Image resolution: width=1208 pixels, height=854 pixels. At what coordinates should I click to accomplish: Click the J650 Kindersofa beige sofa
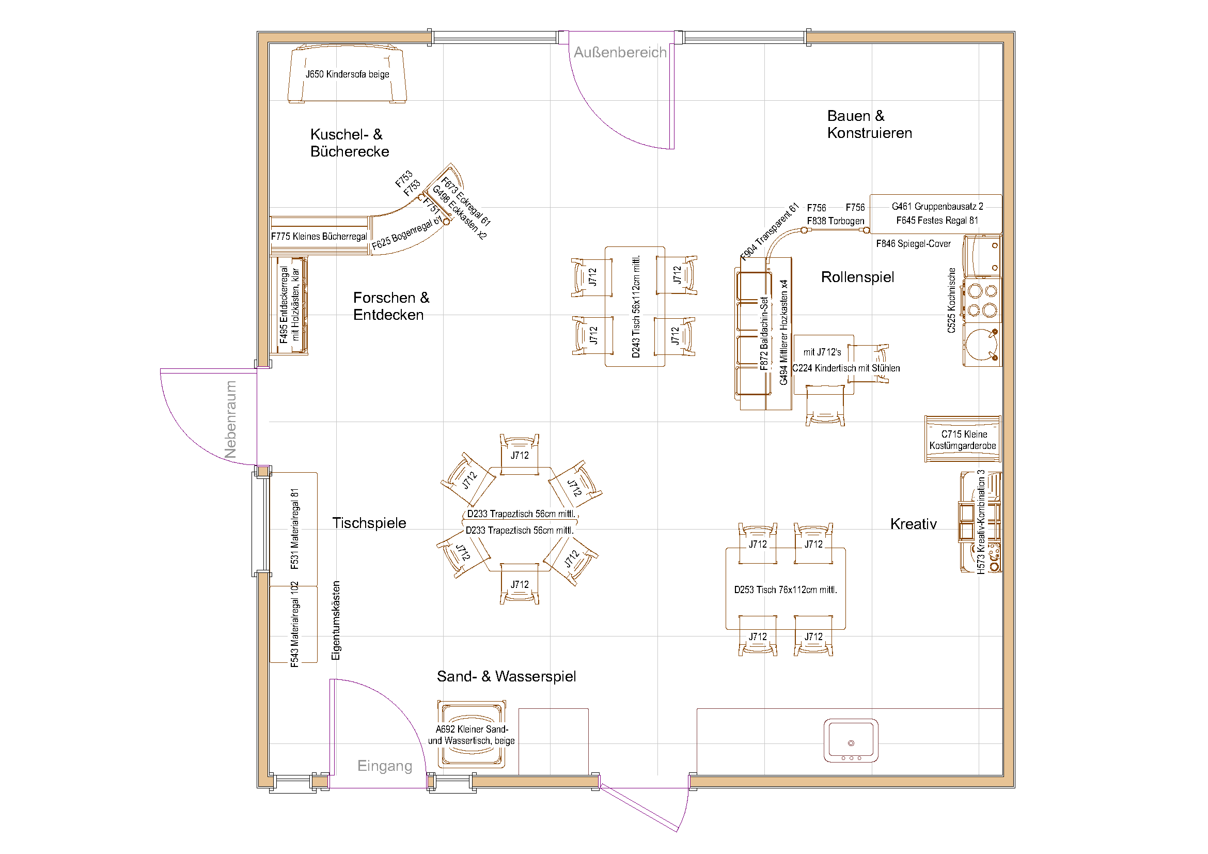347,74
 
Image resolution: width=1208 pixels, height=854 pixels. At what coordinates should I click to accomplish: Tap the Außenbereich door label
620,53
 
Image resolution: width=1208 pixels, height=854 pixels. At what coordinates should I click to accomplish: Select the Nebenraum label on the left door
230,420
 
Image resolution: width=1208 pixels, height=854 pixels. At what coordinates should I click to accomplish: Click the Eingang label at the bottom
385,766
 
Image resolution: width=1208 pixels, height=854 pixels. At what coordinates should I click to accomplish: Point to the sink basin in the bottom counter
851,740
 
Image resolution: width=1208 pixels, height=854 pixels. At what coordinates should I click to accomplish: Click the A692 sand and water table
472,735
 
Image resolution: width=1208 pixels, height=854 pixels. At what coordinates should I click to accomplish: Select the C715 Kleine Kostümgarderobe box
963,440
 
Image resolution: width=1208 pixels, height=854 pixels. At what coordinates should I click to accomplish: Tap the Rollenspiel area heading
857,277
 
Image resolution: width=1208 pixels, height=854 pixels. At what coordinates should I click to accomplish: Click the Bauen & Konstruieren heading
869,124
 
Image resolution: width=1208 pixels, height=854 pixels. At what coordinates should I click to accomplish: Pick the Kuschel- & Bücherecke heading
349,143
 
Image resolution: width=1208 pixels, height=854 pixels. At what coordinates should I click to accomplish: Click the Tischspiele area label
369,523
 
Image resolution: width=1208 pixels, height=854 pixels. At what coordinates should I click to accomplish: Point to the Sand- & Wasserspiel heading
506,676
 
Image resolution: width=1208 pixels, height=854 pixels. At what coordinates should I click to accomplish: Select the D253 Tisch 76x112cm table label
785,590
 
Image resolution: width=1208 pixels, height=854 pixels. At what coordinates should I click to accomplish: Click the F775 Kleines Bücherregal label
319,237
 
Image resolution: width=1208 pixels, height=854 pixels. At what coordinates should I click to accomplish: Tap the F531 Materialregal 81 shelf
294,529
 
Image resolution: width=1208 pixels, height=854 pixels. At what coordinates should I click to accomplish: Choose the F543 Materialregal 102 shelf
294,624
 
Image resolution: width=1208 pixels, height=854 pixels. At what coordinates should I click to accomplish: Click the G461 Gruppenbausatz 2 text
937,207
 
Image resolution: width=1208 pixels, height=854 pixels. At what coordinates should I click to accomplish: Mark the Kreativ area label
914,524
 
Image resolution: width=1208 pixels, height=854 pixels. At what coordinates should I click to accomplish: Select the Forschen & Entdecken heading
391,306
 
